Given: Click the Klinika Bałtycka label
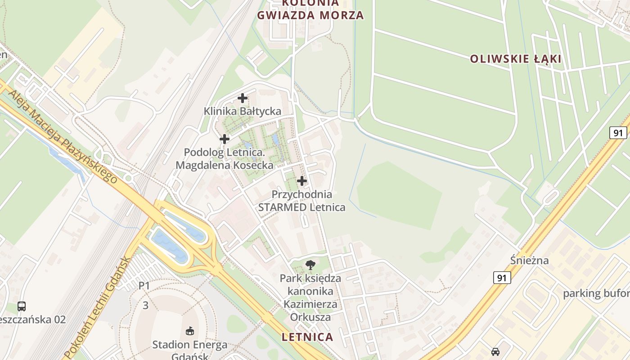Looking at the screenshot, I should click(x=242, y=111).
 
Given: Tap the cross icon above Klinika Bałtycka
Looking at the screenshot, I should click(x=243, y=98).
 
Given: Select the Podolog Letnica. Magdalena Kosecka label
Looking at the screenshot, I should click(x=225, y=159).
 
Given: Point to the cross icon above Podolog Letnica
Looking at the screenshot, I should click(x=225, y=139).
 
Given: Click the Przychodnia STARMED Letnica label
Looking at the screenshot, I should click(x=301, y=201).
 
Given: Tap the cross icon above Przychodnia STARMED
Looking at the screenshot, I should click(x=302, y=181).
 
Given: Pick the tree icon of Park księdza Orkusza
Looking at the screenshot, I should click(x=310, y=265).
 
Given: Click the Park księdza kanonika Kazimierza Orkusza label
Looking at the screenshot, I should click(x=310, y=297).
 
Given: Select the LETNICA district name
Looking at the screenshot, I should click(x=308, y=337).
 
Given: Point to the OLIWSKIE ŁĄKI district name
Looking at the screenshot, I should click(x=516, y=59).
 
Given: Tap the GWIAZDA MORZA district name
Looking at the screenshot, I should click(x=310, y=15).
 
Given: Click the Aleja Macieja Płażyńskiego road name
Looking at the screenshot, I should click(x=63, y=136).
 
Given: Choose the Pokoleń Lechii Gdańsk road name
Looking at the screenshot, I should click(x=97, y=308).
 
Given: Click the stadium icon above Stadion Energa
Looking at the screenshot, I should click(x=190, y=331).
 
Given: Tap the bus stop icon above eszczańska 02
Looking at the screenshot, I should click(x=21, y=306).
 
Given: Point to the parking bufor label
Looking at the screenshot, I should click(x=596, y=294).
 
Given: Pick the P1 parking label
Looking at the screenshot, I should click(x=144, y=285).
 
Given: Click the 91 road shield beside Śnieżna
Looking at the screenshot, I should click(x=502, y=278).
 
